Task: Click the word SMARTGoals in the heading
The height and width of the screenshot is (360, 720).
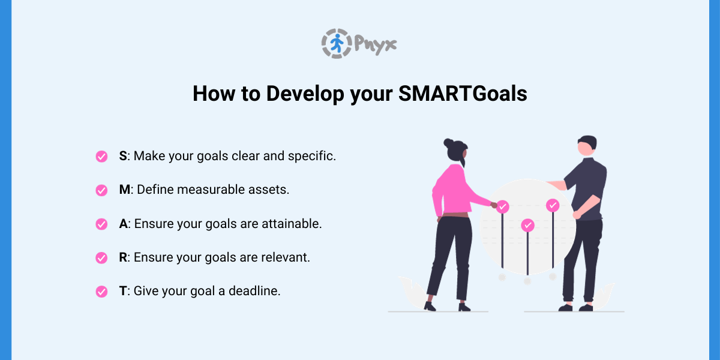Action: click(463, 94)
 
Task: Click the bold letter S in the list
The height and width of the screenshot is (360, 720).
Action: click(122, 156)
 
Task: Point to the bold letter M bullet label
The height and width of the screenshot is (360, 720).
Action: click(124, 190)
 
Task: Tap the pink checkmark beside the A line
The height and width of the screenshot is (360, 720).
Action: click(101, 224)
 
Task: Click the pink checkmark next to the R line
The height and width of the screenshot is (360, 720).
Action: click(101, 257)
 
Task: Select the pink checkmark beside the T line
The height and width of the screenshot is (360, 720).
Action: click(101, 292)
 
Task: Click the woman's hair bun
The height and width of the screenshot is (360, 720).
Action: click(448, 143)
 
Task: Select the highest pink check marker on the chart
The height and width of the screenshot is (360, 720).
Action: click(553, 205)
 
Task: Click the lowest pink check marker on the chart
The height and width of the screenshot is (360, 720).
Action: click(527, 225)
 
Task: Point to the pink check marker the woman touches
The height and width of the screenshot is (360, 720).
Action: click(503, 207)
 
